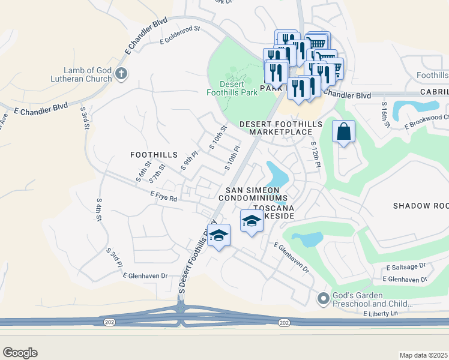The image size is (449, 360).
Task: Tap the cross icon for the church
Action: coord(121,74)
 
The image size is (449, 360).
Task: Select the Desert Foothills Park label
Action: coord(232,88)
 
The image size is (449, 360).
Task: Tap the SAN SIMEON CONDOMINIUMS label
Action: coord(253,193)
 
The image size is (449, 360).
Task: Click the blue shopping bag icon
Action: coord(343,133)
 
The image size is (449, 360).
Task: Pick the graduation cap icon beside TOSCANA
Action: coord(252,221)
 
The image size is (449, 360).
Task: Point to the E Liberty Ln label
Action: coord(381,314)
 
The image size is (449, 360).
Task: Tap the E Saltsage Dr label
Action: coord(406,266)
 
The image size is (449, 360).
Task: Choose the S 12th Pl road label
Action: coord(314,155)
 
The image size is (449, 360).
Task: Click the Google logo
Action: coord(20,353)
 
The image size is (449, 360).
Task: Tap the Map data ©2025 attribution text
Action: coord(424,355)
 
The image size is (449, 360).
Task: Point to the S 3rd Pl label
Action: coord(115,257)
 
